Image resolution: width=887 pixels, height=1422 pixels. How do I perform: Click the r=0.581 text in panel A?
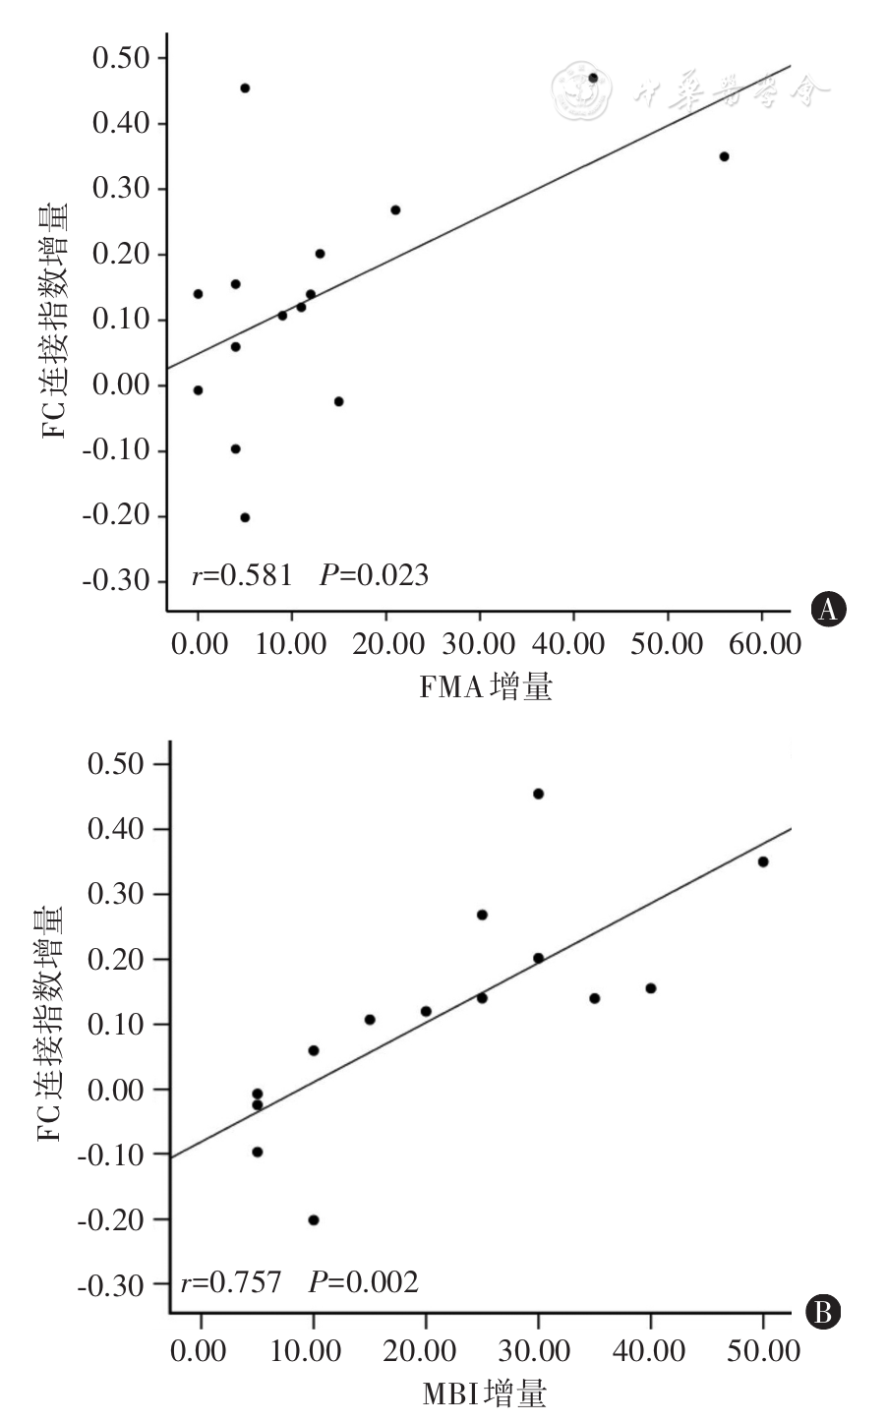tap(242, 575)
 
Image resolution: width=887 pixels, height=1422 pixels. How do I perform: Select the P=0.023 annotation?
tap(374, 575)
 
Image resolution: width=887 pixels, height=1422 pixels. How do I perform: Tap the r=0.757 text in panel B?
tap(231, 1282)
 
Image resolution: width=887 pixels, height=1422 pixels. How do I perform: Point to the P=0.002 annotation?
tap(363, 1282)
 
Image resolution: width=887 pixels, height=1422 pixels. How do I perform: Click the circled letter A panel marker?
tap(828, 610)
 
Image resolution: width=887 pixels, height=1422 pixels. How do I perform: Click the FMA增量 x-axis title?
tap(486, 686)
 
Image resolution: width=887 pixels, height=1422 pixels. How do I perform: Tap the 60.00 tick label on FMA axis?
tap(762, 645)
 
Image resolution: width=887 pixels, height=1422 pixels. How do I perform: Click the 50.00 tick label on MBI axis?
tap(762, 1350)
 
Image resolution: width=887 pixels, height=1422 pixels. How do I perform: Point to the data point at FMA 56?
tap(724, 156)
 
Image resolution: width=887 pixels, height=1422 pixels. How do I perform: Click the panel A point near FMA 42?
tap(593, 78)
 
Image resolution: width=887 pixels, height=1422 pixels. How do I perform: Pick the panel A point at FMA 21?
tap(395, 209)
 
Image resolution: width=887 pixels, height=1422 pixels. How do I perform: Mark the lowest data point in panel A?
tap(245, 517)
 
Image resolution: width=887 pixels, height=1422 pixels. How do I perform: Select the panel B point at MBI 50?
tap(763, 861)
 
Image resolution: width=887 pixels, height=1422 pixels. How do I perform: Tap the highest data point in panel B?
tap(538, 794)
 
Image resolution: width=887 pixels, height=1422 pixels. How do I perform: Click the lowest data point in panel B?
tap(314, 1220)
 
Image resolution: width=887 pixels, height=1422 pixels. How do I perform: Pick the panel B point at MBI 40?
tap(651, 988)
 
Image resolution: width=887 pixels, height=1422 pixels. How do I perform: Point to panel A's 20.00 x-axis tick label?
tap(385, 645)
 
